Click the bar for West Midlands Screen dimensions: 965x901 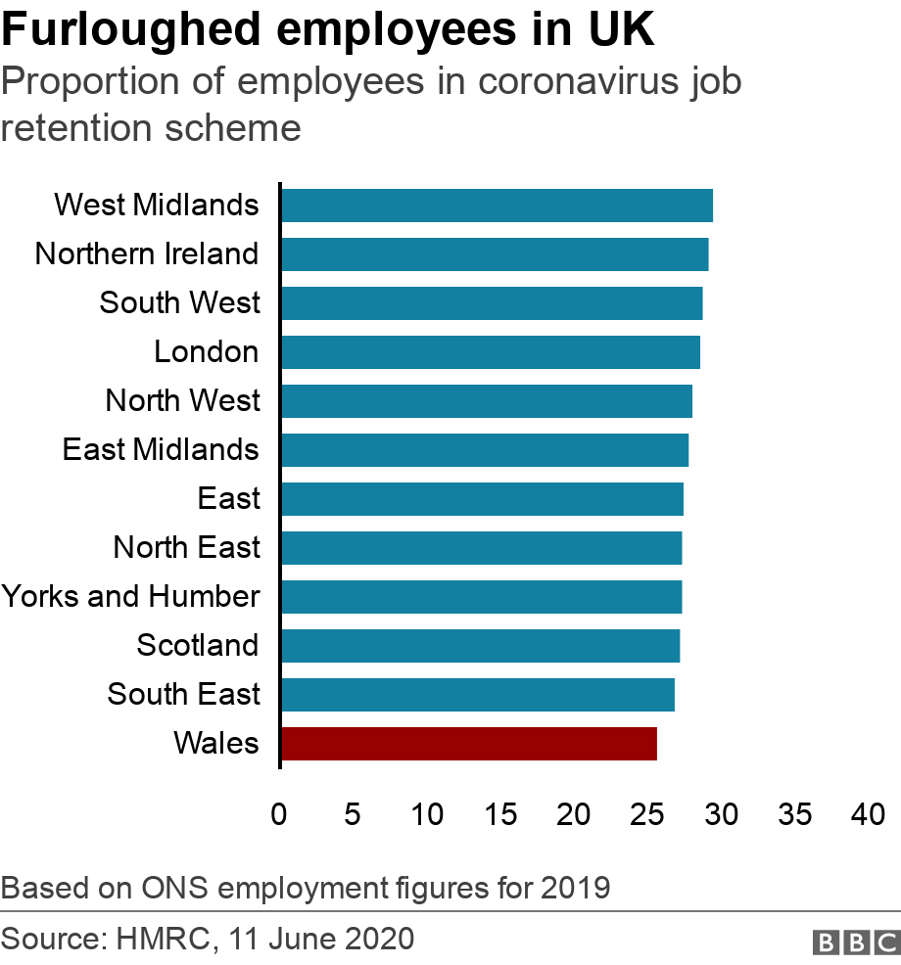click(x=497, y=206)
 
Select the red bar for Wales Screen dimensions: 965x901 click(x=468, y=744)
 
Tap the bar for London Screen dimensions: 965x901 click(x=490, y=352)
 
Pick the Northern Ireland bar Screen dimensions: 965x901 click(x=495, y=254)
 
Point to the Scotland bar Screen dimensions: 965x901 click(x=480, y=646)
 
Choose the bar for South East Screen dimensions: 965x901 click(x=477, y=695)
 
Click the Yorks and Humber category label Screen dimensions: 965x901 click(x=130, y=596)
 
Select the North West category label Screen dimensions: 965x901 click(x=183, y=400)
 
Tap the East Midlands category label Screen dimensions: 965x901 click(x=161, y=449)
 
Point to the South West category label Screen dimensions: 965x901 click(x=180, y=302)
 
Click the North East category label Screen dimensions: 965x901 click(x=187, y=547)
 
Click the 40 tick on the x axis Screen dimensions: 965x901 click(x=868, y=813)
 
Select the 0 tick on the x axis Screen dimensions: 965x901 click(x=279, y=813)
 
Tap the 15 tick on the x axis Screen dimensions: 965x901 click(x=500, y=813)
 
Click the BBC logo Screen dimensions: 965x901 click(x=855, y=942)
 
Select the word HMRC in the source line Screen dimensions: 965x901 click(x=162, y=941)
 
